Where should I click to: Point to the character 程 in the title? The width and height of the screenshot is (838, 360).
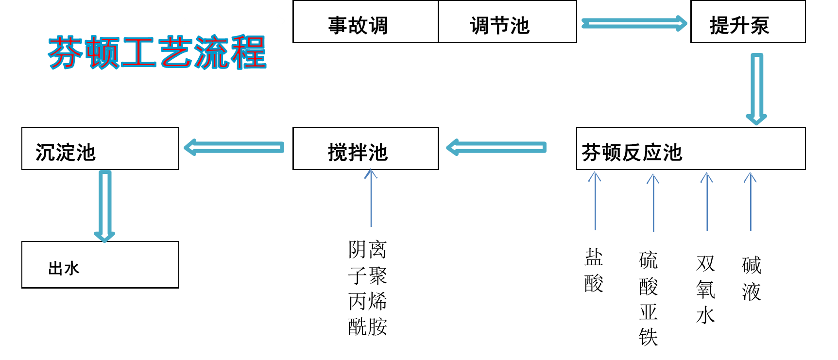(248, 52)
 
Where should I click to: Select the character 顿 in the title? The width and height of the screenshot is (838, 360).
(103, 52)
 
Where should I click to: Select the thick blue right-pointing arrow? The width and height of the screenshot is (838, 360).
(634, 23)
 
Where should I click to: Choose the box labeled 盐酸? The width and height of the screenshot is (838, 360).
(596, 285)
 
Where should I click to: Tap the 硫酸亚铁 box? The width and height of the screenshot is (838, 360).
(649, 298)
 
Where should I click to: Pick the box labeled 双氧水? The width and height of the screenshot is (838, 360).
(706, 293)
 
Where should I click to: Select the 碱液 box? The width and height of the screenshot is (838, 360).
(754, 286)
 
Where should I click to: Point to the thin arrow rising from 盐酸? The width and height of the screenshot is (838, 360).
(595, 200)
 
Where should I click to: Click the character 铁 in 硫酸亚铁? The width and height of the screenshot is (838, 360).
(649, 337)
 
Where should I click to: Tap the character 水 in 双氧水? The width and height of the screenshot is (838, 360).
(705, 315)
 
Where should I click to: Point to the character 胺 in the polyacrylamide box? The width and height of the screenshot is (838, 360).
(378, 326)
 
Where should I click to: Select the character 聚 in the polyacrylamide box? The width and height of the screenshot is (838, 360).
(378, 275)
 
